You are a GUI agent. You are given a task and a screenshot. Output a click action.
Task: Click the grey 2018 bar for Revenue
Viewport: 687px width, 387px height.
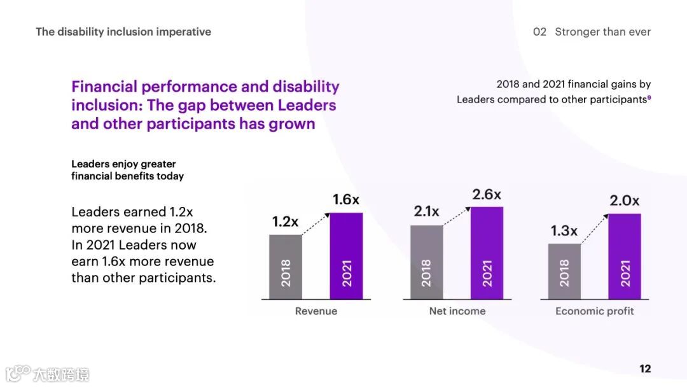pyautogui.click(x=286, y=267)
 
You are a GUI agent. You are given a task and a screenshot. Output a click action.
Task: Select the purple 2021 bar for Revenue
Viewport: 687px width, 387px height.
pyautogui.click(x=346, y=256)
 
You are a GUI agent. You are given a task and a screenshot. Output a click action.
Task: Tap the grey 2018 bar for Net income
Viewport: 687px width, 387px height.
pyautogui.click(x=426, y=262)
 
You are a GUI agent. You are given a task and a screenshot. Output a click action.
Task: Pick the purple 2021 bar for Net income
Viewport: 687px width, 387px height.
pyautogui.click(x=487, y=253)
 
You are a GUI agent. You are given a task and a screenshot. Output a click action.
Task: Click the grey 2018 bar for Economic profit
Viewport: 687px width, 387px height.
pyautogui.click(x=564, y=271)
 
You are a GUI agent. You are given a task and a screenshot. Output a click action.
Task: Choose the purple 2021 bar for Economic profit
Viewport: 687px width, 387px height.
pyautogui.click(x=625, y=257)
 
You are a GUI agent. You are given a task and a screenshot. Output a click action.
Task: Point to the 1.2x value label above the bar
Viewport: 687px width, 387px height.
pyautogui.click(x=285, y=222)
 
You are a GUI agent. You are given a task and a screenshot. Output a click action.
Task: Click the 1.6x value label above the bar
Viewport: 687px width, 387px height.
pyautogui.click(x=346, y=200)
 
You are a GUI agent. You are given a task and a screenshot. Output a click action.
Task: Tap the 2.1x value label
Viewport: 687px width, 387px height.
pyautogui.click(x=426, y=211)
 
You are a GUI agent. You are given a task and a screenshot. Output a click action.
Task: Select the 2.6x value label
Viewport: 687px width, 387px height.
pyautogui.click(x=487, y=195)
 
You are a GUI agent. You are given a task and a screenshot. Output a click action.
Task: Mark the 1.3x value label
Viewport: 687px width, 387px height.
pyautogui.click(x=564, y=231)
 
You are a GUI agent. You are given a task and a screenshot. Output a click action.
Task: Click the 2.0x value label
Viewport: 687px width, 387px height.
pyautogui.click(x=625, y=201)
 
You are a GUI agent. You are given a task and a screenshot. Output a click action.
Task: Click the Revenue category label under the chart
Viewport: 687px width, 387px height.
pyautogui.click(x=316, y=311)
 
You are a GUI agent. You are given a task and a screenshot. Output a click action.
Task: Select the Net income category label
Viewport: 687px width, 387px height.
pyautogui.click(x=457, y=311)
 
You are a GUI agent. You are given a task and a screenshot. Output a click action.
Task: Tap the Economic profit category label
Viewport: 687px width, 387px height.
pyautogui.click(x=595, y=311)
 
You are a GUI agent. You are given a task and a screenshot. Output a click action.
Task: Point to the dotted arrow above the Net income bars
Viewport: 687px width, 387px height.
pyautogui.click(x=457, y=216)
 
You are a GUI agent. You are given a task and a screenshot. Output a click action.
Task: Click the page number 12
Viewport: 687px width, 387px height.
pyautogui.click(x=645, y=369)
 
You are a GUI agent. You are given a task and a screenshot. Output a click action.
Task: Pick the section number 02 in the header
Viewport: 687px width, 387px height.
pyautogui.click(x=539, y=32)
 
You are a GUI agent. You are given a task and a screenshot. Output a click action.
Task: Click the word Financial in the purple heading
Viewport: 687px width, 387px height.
pyautogui.click(x=104, y=87)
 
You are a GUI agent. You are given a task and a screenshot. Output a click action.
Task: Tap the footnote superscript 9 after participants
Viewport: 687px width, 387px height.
pyautogui.click(x=649, y=97)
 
